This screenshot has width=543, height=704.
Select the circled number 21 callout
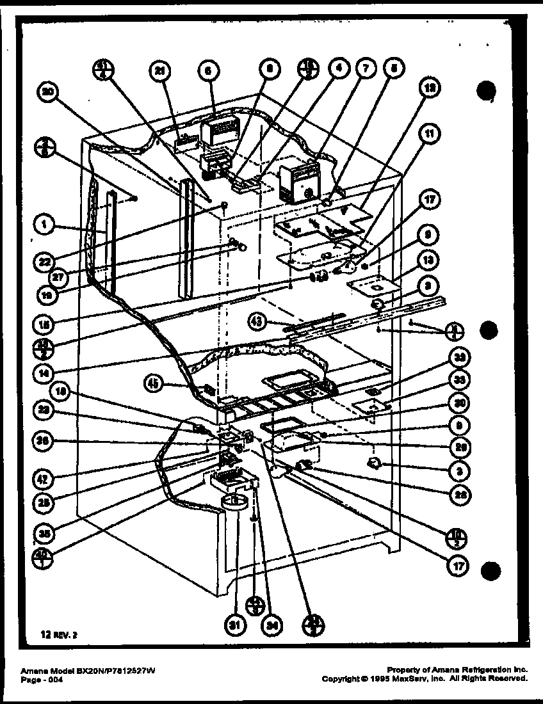coord(158,72)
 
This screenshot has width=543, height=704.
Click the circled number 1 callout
coord(44,225)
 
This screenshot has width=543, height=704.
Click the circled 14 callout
coord(44,371)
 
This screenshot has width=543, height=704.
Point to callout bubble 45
coord(154,384)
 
